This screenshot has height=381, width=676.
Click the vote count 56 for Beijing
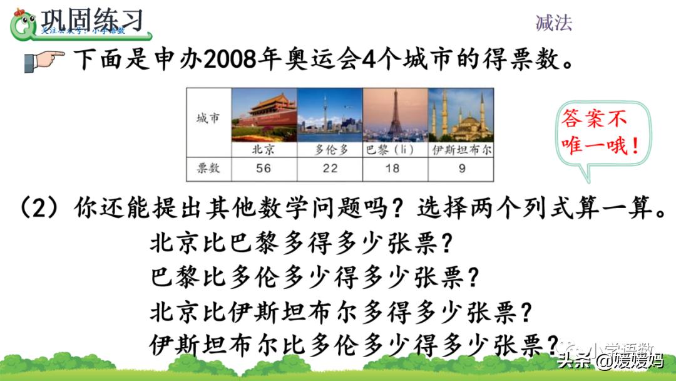click(263, 169)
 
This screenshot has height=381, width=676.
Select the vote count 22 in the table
click(329, 169)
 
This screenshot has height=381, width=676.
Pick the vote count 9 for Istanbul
click(461, 169)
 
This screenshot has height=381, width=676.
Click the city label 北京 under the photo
click(263, 150)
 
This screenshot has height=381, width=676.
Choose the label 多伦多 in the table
click(329, 150)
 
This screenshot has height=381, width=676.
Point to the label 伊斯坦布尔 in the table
click(461, 150)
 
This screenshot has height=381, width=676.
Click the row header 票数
click(208, 169)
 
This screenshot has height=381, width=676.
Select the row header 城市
click(208, 118)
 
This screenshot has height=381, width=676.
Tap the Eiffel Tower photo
click(395, 115)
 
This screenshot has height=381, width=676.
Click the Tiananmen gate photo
click(264, 115)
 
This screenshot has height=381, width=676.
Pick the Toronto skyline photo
click(329, 115)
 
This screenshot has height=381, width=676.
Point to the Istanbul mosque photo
click(461, 115)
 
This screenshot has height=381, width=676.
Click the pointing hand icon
click(44, 61)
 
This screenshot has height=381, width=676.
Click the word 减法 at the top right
click(553, 23)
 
